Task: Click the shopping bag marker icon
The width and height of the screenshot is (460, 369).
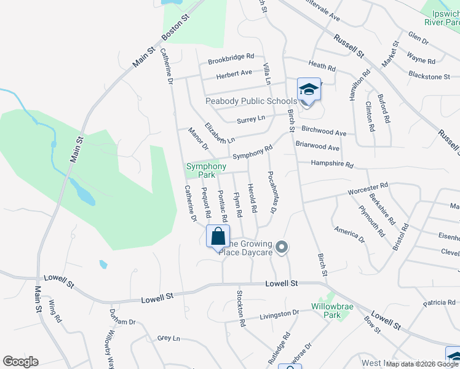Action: (x=218, y=236)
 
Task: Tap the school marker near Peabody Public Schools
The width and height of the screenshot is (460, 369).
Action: (x=309, y=90)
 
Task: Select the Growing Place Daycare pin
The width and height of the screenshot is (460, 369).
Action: (x=282, y=247)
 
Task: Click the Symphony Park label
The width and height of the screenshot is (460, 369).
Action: (x=206, y=170)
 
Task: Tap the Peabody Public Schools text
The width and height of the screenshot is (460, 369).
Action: (x=251, y=101)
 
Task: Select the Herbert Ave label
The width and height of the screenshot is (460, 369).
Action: (x=234, y=73)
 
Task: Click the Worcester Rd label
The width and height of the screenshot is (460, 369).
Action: (x=368, y=186)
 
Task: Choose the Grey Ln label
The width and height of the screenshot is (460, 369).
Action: (x=168, y=338)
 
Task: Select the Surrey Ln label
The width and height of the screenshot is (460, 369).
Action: (x=252, y=117)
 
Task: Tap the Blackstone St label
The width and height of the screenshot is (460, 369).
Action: (x=429, y=76)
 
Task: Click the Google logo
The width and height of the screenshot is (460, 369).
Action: (x=20, y=362)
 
